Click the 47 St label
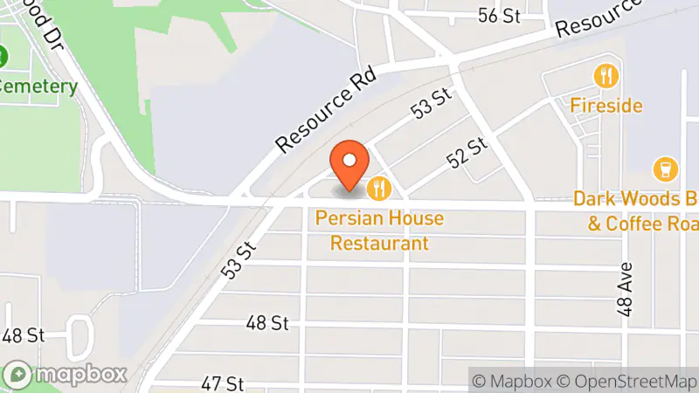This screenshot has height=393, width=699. point(221,383)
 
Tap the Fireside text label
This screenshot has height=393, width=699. point(606,106)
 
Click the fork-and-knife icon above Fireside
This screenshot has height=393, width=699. point(606,76)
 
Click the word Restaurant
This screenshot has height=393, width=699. point(379,243)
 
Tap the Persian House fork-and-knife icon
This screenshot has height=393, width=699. point(378,187)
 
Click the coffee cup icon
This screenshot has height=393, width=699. point(665,169)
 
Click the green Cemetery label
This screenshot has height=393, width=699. point(38,87)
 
